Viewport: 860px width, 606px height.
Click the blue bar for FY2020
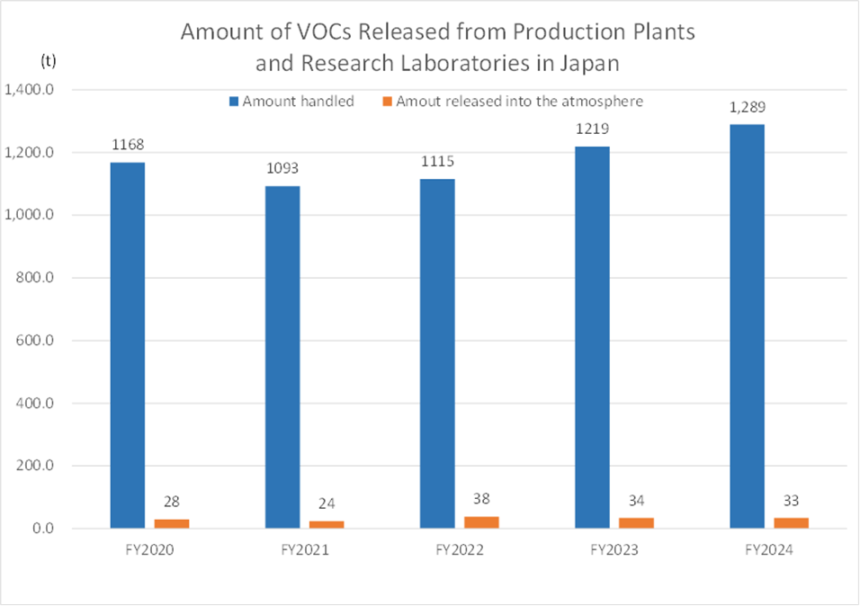[128, 345]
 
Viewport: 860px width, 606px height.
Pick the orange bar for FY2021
[327, 524]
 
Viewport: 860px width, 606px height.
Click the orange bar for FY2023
[636, 522]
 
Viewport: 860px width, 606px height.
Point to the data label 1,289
[747, 108]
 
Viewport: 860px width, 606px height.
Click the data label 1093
[282, 169]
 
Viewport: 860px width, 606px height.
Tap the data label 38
[481, 499]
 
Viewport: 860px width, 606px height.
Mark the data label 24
[327, 504]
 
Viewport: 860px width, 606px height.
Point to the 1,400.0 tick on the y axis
[31, 90]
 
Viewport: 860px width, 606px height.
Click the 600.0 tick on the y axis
[37, 341]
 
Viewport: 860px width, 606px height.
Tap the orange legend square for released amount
[388, 102]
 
